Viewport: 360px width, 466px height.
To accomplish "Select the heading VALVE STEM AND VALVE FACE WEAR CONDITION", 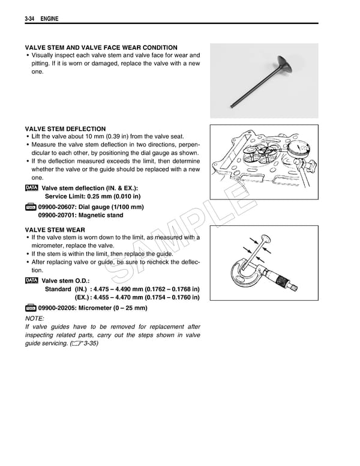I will coord(100,47).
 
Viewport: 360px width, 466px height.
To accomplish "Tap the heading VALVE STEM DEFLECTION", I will coord(65,129).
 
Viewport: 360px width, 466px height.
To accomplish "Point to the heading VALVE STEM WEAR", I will coord(55,230).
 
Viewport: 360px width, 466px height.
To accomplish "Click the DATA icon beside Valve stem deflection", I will coord(32,188).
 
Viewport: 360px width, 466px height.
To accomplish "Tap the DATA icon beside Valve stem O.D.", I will coord(32,280).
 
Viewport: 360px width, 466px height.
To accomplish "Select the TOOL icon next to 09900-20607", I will coord(31,207).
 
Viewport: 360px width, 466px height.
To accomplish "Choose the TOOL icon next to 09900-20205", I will coord(31,308).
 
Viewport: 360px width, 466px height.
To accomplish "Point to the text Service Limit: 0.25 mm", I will coord(93,196).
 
